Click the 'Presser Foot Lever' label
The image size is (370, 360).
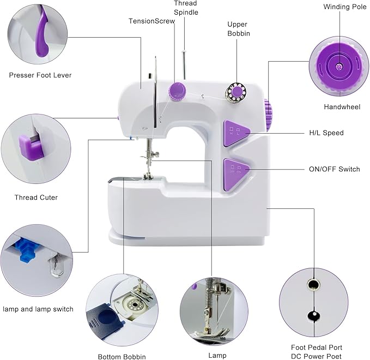click(40, 75)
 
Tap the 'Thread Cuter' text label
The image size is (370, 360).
click(36, 197)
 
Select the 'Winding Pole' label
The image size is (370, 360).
click(342, 7)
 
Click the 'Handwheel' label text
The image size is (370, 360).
click(342, 107)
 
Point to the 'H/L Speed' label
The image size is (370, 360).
click(326, 133)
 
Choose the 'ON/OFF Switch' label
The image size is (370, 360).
click(334, 169)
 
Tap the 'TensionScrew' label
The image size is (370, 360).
click(151, 21)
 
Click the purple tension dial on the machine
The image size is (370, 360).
click(177, 91)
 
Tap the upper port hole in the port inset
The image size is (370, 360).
click(312, 284)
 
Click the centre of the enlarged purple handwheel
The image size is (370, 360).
click(339, 67)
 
